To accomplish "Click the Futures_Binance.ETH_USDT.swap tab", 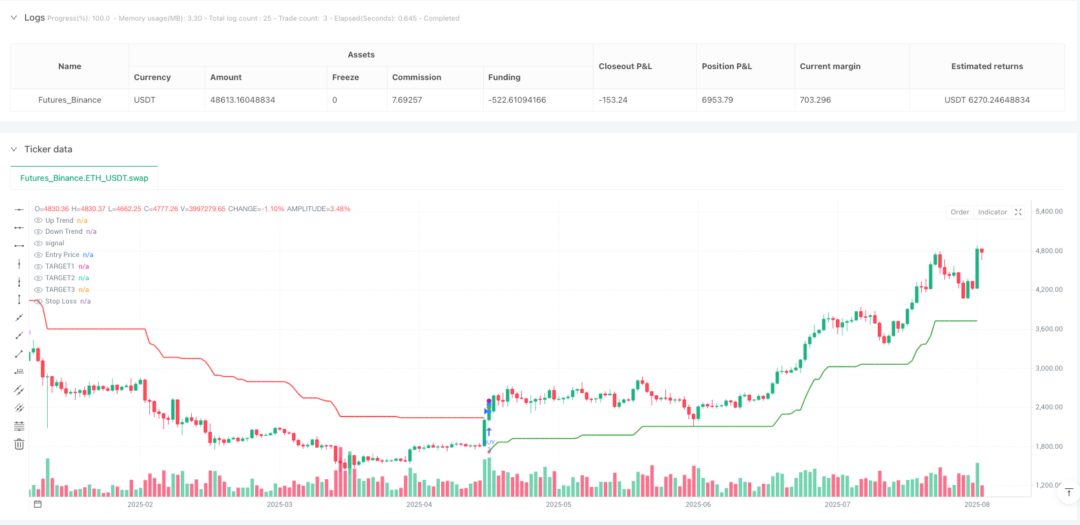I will point(84,178).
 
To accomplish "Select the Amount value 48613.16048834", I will point(242,100).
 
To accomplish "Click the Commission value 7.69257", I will point(407,100).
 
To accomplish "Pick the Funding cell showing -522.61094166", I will point(517,100).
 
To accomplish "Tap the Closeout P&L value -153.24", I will point(613,100).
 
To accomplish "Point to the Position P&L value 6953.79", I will point(717,100).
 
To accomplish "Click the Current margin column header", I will point(830,67).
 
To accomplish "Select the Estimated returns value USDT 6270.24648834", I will point(986,100).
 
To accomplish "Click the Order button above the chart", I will point(959,212).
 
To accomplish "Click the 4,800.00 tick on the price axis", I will point(1048,251).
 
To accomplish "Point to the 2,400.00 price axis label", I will point(1048,407).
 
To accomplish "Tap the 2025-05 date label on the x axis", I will point(558,504).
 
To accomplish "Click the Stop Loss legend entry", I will point(61,302).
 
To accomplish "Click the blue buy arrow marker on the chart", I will point(489,432).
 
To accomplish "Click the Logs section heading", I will point(34,17).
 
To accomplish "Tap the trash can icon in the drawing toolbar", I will point(19,444).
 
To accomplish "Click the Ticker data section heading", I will point(48,149).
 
